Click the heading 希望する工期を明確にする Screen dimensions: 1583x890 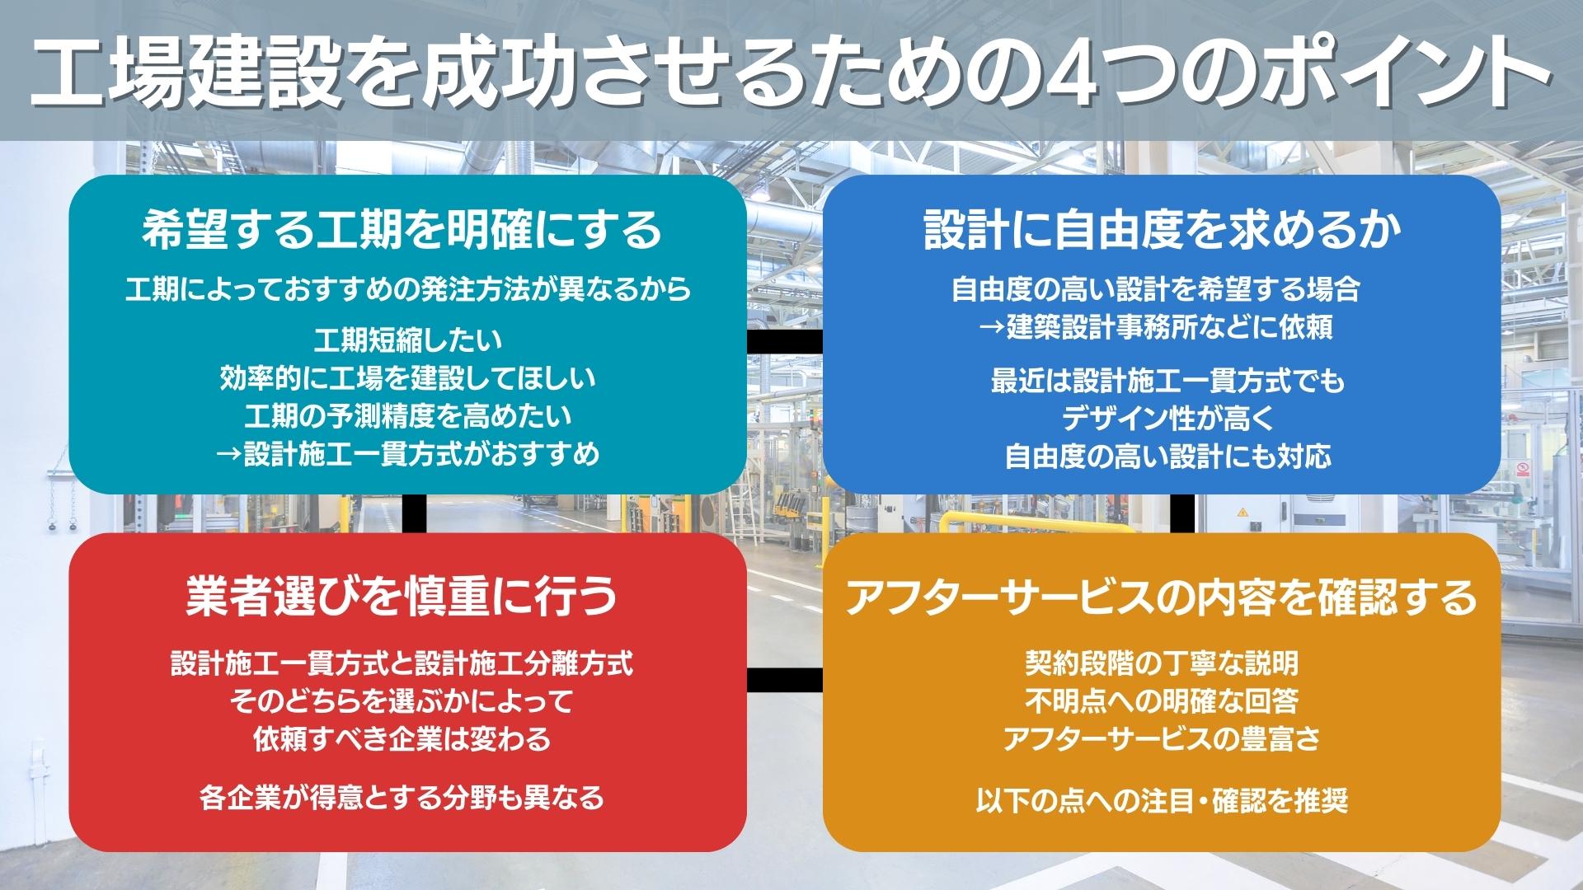[402, 230]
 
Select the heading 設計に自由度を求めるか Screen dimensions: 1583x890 [1163, 230]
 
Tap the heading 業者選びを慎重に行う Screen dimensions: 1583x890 [402, 595]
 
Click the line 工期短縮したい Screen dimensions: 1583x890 [408, 340]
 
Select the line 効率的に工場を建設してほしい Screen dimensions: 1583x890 [408, 378]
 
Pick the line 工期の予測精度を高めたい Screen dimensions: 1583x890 [408, 416]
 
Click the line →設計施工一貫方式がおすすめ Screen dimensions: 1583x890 [407, 454]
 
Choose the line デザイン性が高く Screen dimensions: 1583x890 [1167, 419]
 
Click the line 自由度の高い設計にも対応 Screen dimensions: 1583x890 [1167, 457]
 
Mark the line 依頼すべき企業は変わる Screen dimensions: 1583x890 [402, 738]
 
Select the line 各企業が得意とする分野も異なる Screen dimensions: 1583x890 [402, 798]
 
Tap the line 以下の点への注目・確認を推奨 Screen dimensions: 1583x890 [1162, 800]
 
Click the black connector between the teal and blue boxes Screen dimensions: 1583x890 [785, 341]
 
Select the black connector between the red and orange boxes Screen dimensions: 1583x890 [785, 679]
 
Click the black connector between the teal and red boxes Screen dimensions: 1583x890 [415, 513]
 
